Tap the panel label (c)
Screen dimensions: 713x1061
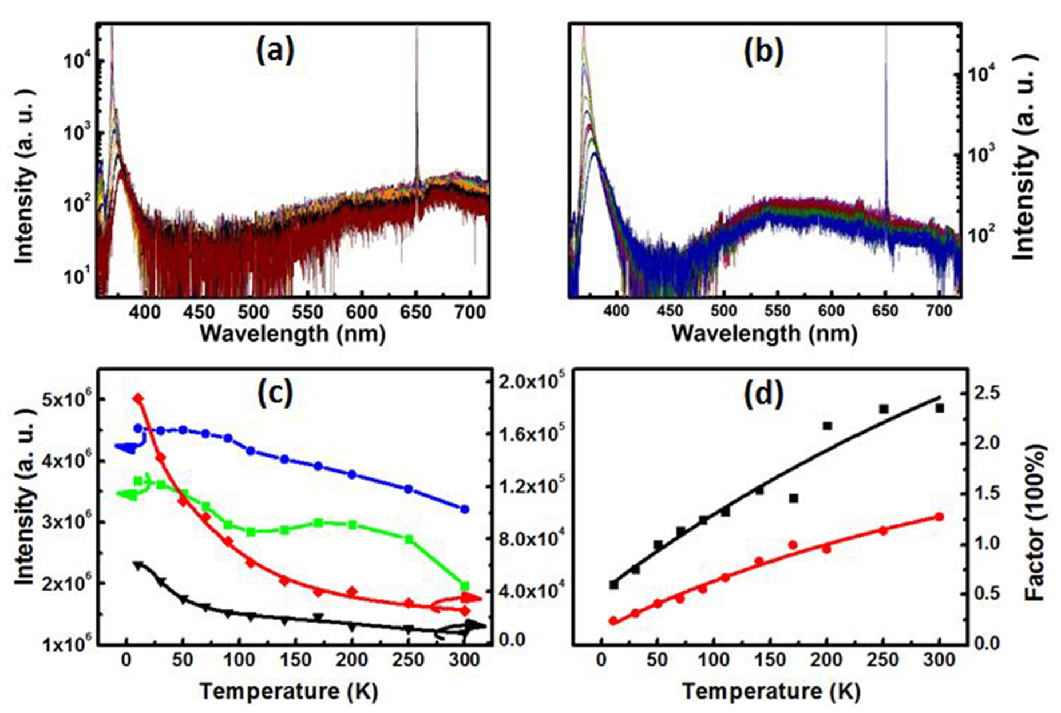point(276,393)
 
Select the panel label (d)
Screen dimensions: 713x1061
point(764,394)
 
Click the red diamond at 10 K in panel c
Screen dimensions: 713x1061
point(138,398)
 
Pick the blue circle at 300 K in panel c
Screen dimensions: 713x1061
point(465,509)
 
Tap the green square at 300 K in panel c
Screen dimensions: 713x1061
point(465,586)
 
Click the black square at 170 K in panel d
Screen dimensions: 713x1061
point(793,498)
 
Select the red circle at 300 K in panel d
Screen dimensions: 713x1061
point(939,517)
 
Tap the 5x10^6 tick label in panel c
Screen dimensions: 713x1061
point(64,399)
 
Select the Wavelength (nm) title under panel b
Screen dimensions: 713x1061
point(763,333)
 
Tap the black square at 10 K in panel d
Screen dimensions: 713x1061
point(614,585)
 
